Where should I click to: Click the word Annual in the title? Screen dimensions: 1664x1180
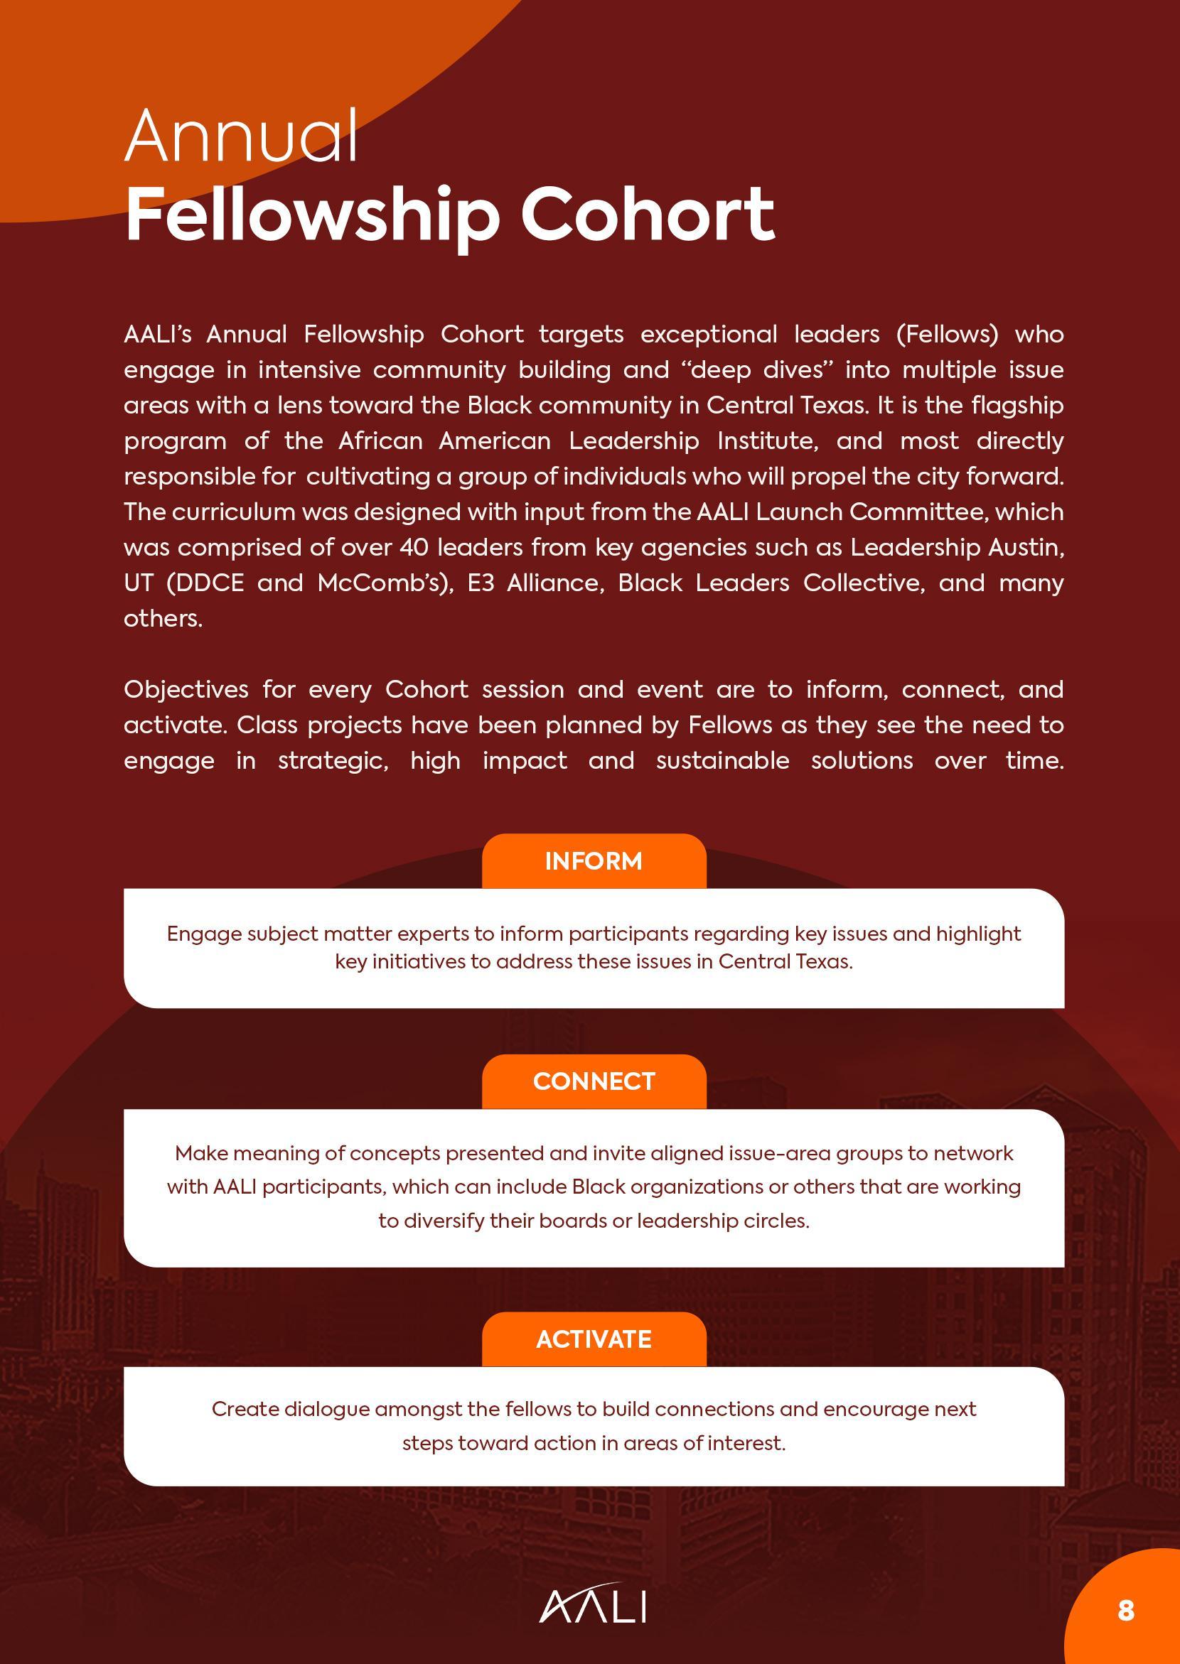pyautogui.click(x=241, y=136)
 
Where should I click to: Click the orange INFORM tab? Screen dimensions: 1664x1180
pyautogui.click(x=594, y=861)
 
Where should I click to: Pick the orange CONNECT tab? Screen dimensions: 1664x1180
pyautogui.click(x=594, y=1081)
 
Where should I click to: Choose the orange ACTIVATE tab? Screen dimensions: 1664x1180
pyautogui.click(x=594, y=1339)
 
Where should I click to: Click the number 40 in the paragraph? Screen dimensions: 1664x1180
pyautogui.click(x=414, y=548)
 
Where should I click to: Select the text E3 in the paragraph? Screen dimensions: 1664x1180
pyautogui.click(x=481, y=583)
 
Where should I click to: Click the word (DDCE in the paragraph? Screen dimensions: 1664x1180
pyautogui.click(x=205, y=583)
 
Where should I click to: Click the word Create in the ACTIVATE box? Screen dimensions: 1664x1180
pyautogui.click(x=245, y=1409)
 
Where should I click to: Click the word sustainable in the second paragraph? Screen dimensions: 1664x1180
pyautogui.click(x=722, y=760)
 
